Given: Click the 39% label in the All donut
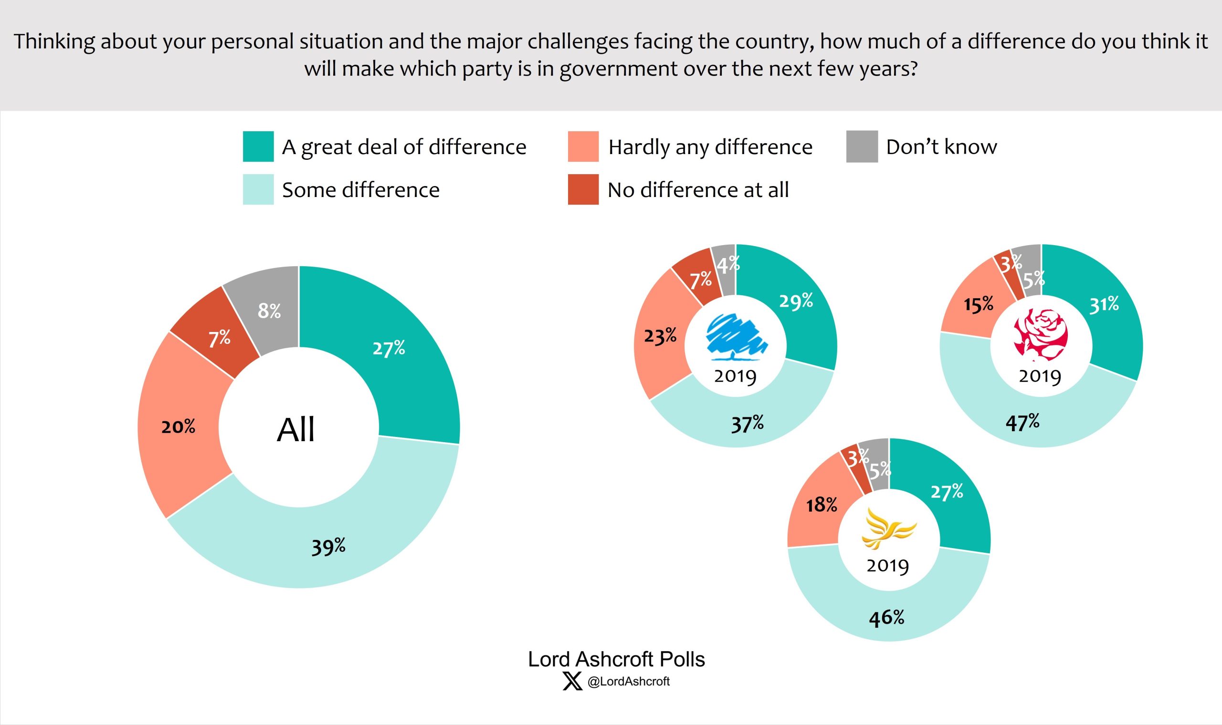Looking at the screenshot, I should click(x=328, y=546).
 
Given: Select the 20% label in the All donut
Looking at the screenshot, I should click(x=178, y=426).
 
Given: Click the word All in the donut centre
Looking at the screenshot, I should click(x=296, y=430).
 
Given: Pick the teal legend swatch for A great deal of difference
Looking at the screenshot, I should click(x=258, y=146).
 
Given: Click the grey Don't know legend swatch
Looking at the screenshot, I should click(x=862, y=146).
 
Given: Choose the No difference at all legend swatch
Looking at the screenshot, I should click(x=583, y=189).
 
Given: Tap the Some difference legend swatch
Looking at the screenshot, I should click(x=258, y=189).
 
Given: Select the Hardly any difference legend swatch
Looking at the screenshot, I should click(x=583, y=146).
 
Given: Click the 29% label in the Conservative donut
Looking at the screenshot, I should click(x=796, y=301).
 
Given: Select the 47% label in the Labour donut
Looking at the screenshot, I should click(x=1022, y=422).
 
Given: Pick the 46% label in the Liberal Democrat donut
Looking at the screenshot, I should click(x=886, y=618).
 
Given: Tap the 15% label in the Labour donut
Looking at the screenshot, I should click(x=978, y=304).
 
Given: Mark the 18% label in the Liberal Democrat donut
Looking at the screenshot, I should click(x=822, y=505).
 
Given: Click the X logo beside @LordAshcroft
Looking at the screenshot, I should click(x=572, y=681).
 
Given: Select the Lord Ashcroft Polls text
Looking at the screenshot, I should click(x=616, y=659).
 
